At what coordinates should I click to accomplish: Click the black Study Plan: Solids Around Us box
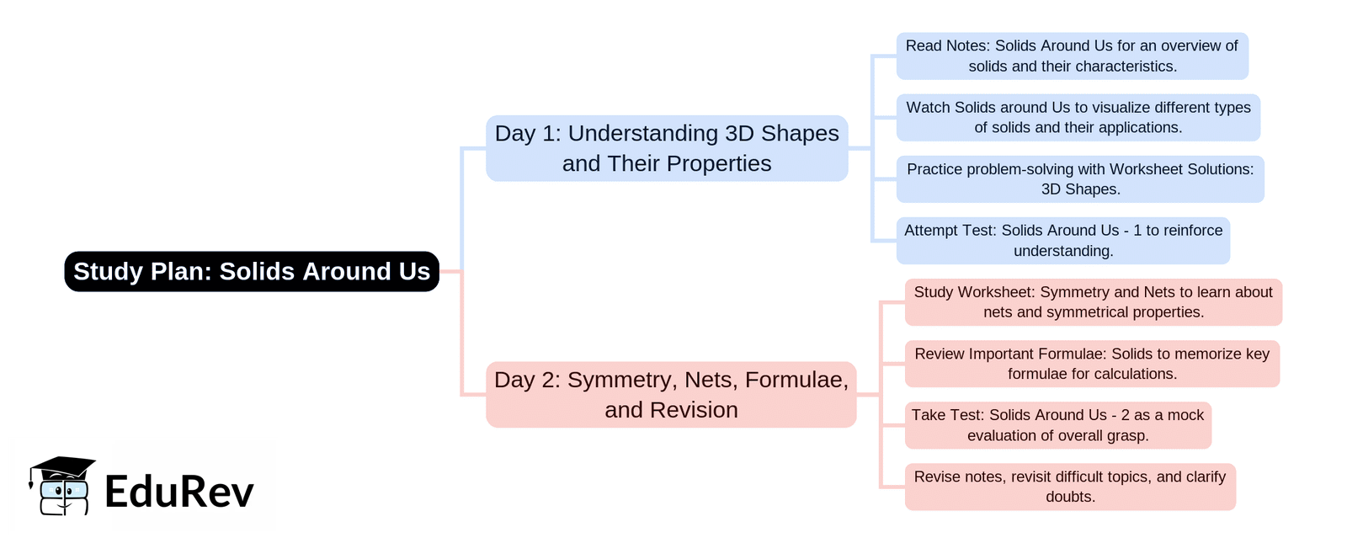(x=252, y=271)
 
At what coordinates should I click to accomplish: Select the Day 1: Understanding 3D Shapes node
(x=667, y=148)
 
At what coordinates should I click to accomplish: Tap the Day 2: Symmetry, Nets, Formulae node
(x=671, y=395)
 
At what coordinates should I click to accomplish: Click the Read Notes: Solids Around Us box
(x=1073, y=56)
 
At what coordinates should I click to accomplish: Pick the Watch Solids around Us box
(x=1078, y=117)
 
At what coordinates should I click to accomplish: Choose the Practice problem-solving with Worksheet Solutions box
(x=1080, y=179)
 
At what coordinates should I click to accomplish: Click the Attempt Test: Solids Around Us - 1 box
(x=1063, y=241)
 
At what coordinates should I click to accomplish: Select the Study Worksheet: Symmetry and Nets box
(x=1094, y=302)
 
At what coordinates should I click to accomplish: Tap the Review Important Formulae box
(x=1092, y=364)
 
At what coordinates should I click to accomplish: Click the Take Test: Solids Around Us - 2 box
(x=1057, y=425)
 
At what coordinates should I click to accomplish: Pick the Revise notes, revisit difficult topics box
(x=1070, y=487)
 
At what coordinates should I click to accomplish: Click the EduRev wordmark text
(x=179, y=492)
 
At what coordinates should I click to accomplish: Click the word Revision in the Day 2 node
(x=694, y=410)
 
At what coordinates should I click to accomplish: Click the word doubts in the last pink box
(x=1070, y=497)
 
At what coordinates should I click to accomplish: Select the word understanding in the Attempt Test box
(x=1063, y=251)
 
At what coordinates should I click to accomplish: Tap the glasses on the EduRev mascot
(x=64, y=489)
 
